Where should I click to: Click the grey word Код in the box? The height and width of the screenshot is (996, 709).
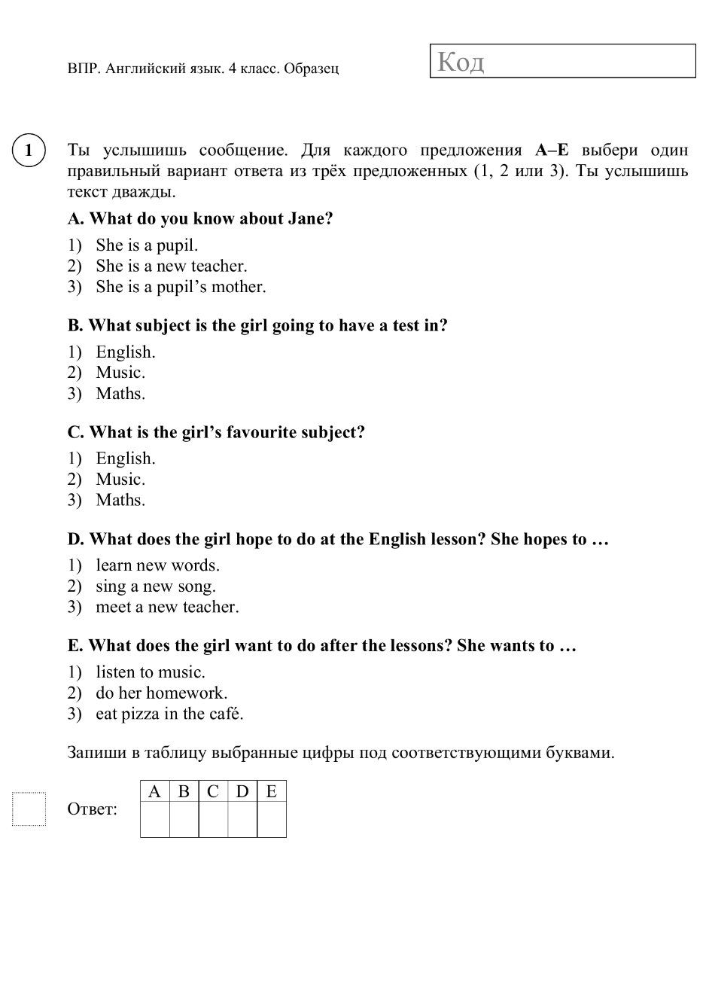tap(461, 61)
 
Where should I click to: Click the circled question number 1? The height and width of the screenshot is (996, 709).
tap(29, 150)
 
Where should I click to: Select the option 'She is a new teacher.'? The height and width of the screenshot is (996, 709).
tap(171, 266)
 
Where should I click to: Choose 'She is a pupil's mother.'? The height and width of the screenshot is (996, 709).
tap(181, 287)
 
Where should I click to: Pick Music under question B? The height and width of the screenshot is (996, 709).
tap(120, 373)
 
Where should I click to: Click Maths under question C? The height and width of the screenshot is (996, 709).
tap(120, 500)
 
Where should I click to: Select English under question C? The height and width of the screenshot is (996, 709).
tap(125, 458)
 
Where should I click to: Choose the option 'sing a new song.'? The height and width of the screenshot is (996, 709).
tap(155, 586)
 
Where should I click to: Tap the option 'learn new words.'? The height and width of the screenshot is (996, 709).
tap(157, 565)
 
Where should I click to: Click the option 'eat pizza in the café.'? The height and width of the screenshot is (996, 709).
tap(169, 714)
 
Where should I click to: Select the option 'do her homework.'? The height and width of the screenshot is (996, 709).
tap(161, 693)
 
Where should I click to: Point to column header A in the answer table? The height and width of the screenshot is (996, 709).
tap(154, 791)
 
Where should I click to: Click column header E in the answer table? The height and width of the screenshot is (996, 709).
tap(272, 791)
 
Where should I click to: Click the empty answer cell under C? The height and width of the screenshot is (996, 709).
tap(213, 819)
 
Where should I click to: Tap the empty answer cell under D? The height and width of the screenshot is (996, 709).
tap(242, 819)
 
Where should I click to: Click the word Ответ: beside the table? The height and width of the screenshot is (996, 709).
tap(93, 809)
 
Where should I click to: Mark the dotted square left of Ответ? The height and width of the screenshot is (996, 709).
tap(29, 809)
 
